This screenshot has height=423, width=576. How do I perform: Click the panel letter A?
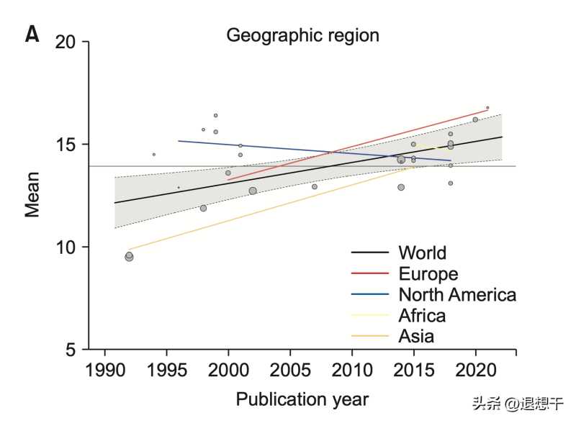32,35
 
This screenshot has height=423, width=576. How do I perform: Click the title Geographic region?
302,35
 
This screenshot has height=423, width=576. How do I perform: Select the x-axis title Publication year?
302,399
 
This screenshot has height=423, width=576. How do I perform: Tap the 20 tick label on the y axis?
66,42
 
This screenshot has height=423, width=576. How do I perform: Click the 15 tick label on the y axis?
66,144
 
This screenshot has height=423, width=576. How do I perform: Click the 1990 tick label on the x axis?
105,370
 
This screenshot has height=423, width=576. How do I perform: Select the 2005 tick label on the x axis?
290,370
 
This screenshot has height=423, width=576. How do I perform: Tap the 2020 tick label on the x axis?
475,370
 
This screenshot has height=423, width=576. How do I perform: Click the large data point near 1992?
129,256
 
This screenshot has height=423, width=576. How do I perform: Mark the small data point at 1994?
153,154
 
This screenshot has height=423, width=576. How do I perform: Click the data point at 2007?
314,186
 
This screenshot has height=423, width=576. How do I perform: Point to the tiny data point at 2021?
487,107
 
